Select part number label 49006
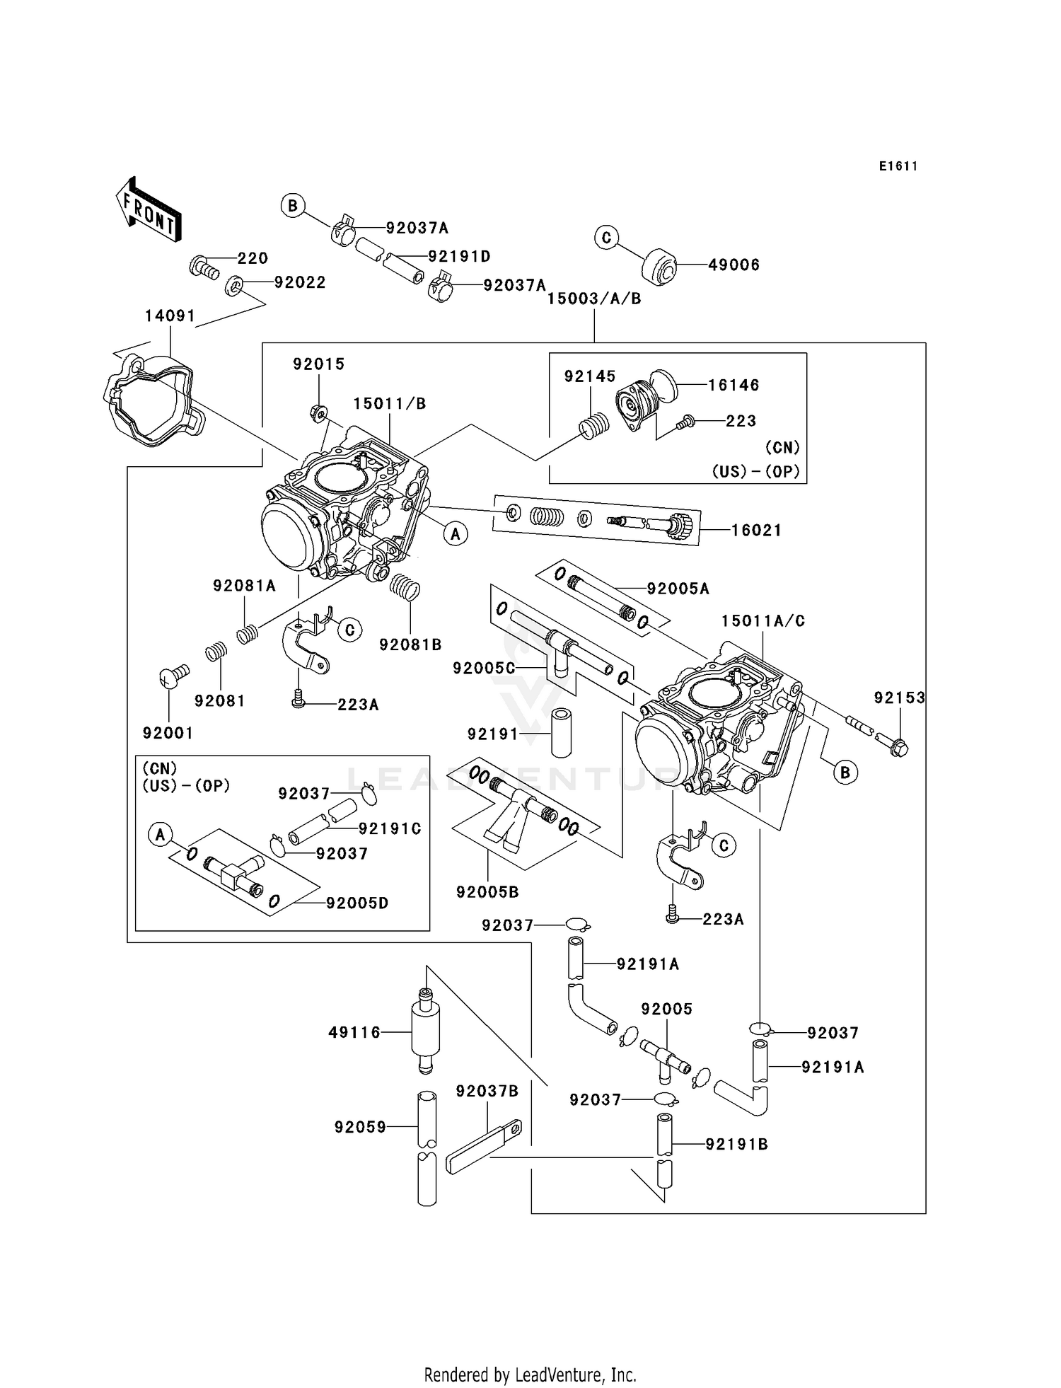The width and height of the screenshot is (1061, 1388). [x=734, y=265]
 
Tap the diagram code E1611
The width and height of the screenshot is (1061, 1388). [x=898, y=166]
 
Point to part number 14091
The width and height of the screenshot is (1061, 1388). [x=170, y=316]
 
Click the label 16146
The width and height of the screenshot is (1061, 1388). [x=734, y=385]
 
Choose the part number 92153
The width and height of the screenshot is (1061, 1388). [x=899, y=698]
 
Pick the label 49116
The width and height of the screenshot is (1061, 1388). [x=354, y=1033]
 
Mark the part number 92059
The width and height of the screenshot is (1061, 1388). [x=360, y=1127]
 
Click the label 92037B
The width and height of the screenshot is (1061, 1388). [x=487, y=1092]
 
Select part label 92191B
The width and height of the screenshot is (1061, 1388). [x=736, y=1144]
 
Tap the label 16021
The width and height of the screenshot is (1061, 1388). [x=756, y=530]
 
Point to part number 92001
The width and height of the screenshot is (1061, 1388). [x=168, y=733]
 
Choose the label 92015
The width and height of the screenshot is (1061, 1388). [x=318, y=364]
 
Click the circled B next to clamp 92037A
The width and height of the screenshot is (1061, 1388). [x=292, y=206]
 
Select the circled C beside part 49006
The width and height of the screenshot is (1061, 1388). [x=606, y=238]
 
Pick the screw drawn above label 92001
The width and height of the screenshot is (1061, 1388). [x=173, y=676]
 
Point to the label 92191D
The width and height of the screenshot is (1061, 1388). [x=459, y=256]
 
